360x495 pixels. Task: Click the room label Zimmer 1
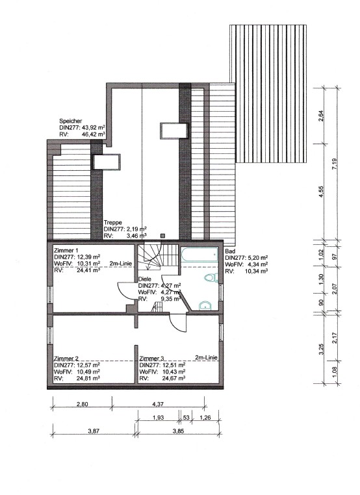click(x=66, y=251)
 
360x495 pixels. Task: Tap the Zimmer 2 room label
click(x=66, y=358)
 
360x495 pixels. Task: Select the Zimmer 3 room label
click(x=153, y=358)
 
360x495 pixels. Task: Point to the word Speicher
click(x=71, y=120)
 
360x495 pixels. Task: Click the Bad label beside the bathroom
click(x=229, y=251)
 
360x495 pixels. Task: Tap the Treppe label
click(x=113, y=222)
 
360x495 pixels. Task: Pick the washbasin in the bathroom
click(x=205, y=306)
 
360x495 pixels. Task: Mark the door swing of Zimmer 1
click(x=127, y=292)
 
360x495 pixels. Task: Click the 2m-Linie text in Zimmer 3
click(x=206, y=358)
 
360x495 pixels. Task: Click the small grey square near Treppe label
click(x=166, y=236)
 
